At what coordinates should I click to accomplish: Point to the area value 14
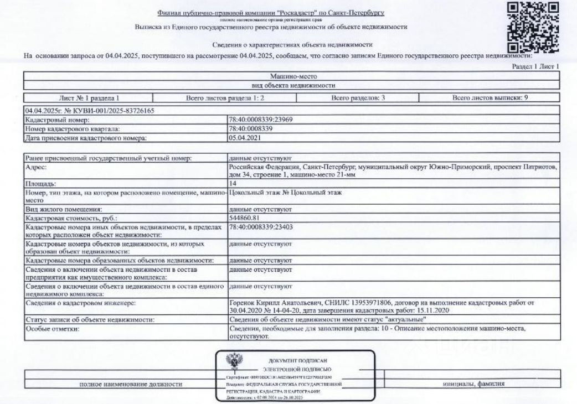pyautogui.click(x=231, y=182)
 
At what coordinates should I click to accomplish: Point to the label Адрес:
pyautogui.click(x=35, y=165)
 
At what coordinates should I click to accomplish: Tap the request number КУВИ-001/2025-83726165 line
pyautogui.click(x=89, y=111)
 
